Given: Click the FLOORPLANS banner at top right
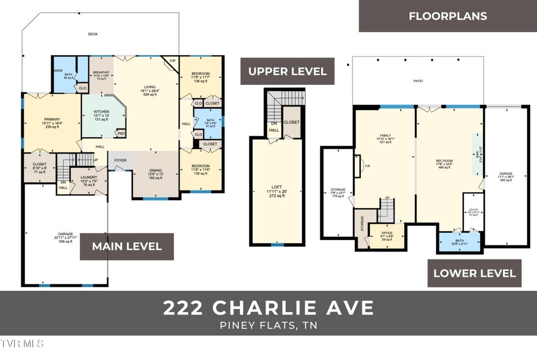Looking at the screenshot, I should tap(447, 16).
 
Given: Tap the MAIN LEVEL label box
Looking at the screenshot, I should tap(127, 246).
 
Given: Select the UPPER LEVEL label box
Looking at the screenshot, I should tap(287, 71).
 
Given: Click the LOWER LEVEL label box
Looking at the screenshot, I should tap(474, 273).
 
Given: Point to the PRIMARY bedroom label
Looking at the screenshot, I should tap(52, 119).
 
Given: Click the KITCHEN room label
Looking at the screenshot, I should tap(101, 112).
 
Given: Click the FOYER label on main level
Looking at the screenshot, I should tap(120, 160).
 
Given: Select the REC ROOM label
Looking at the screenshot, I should tap(444, 161).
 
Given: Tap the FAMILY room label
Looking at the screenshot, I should tap(385, 136).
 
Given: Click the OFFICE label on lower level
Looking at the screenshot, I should tap(387, 233).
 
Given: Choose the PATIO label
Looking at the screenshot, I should tap(418, 81).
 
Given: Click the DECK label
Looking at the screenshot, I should tap(93, 34).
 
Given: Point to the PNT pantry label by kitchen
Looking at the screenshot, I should tap(120, 133).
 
